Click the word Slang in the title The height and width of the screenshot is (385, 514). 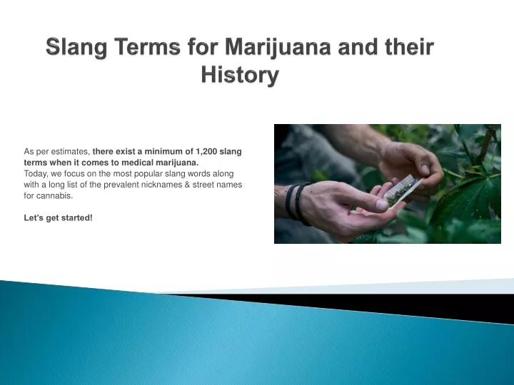[x=76, y=48]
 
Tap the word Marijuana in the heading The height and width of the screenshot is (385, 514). [x=278, y=48]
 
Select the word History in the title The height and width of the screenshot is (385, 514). [x=240, y=75]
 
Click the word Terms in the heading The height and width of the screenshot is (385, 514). [x=147, y=46]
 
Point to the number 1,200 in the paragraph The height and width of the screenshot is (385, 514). [x=206, y=152]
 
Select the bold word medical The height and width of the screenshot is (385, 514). [x=137, y=163]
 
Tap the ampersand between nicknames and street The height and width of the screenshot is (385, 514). [x=187, y=185]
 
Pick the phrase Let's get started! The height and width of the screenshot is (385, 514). [x=58, y=217]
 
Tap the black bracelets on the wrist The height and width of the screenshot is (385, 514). [x=298, y=204]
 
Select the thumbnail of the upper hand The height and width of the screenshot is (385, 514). [x=425, y=169]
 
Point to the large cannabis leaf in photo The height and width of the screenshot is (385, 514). [x=469, y=197]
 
